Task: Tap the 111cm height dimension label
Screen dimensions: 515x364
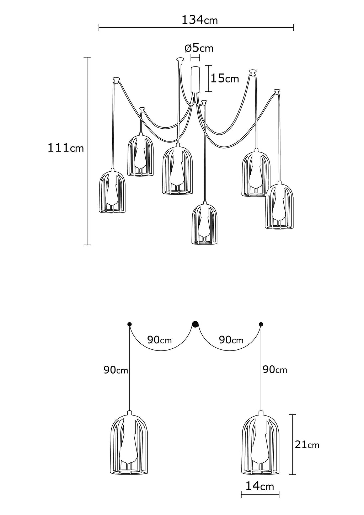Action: pos(66,147)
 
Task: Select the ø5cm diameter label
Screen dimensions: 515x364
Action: pos(199,48)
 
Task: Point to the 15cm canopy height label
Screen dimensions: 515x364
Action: pos(225,78)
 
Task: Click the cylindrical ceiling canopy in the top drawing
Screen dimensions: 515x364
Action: pos(195,79)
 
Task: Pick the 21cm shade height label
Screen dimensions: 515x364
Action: pos(307,444)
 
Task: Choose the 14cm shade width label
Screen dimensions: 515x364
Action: pos(260,486)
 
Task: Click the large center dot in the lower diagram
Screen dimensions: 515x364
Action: pos(195,324)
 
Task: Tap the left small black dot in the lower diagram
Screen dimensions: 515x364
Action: pos(129,324)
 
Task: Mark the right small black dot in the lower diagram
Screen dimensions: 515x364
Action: pos(261,324)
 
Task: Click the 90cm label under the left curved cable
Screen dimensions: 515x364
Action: pos(160,340)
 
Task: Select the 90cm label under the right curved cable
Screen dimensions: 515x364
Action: pos(231,340)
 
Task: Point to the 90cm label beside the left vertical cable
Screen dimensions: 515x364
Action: pos(116,370)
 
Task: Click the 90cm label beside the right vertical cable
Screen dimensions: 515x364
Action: pos(275,370)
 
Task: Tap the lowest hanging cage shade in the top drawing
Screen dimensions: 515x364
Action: pos(204,224)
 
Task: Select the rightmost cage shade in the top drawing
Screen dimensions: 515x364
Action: pos(279,206)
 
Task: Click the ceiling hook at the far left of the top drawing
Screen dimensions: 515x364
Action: pos(116,79)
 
